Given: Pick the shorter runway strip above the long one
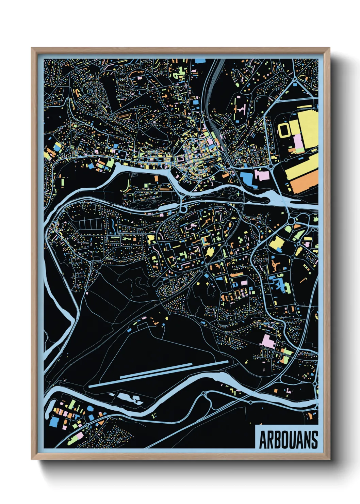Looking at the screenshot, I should click(x=156, y=371).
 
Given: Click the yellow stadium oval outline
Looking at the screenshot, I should click(x=284, y=129).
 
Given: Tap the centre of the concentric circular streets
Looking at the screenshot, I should click(x=91, y=90).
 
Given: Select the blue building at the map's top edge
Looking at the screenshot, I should click(x=200, y=61).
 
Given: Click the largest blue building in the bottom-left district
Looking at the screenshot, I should click(x=54, y=422).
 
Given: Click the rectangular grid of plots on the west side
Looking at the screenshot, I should click(x=87, y=224).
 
